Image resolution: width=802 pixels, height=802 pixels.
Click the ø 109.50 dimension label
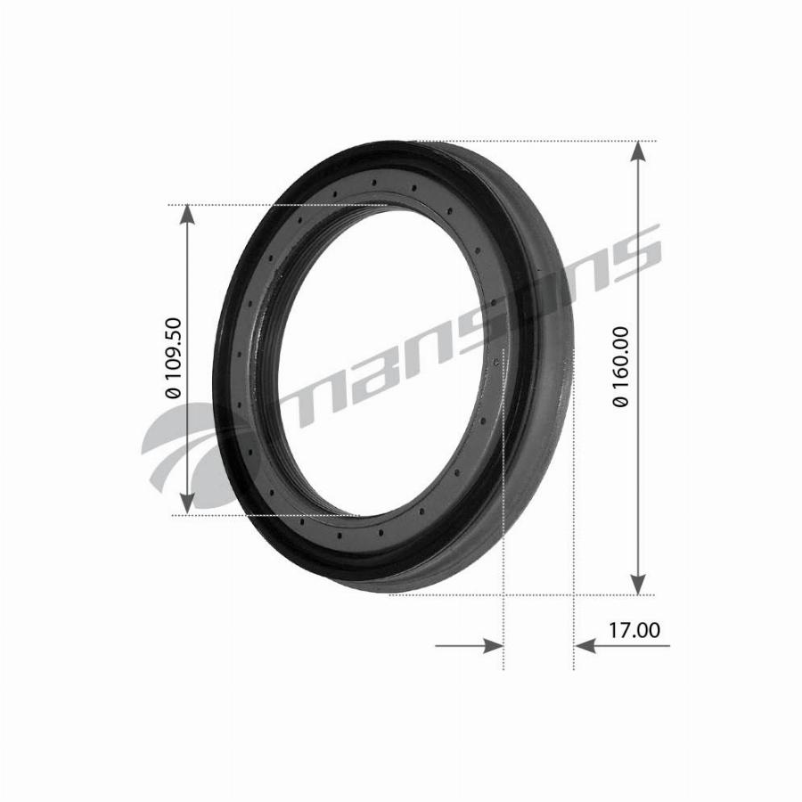tap(173, 357)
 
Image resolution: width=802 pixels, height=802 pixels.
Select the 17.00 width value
tap(634, 630)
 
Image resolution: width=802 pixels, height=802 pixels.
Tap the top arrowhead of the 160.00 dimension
tap(637, 151)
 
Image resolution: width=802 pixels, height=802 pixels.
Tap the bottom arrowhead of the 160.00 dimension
tap(637, 584)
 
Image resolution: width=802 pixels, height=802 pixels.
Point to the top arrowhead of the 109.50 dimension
tap(188, 216)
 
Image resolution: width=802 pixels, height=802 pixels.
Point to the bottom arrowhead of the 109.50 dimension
tap(188, 503)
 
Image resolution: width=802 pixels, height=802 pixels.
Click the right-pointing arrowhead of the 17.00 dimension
tap(494, 645)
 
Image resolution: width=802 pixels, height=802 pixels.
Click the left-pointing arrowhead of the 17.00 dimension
tap(585, 645)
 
